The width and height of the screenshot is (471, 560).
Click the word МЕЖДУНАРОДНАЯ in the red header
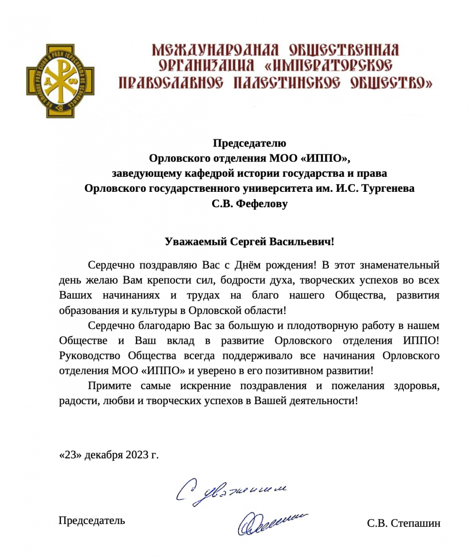[215, 50]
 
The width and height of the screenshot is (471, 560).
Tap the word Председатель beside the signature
[92, 520]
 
